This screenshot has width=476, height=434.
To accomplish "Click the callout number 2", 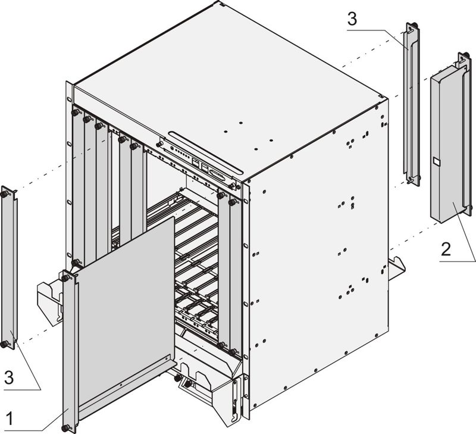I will pos(446,249).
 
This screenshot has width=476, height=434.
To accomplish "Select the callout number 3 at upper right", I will pos(352,19).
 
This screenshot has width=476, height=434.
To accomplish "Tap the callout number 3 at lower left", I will pos(9,377).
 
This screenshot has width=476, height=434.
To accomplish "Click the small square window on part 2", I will pos(436,161).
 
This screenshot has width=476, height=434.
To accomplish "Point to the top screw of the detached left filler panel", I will pos(5,193).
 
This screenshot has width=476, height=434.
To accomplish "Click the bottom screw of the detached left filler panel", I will pos(5,344).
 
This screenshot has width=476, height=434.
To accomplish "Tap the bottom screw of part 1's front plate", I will pos(65,427).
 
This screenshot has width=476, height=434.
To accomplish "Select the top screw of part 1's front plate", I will pos(64,276).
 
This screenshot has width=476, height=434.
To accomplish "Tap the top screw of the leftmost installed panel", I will pos(76,112).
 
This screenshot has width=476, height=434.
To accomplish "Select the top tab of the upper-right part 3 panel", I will pos(412,27).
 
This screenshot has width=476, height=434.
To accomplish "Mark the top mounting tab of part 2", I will pos(463,58).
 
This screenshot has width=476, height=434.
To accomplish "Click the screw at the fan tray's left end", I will pos(159,143).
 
